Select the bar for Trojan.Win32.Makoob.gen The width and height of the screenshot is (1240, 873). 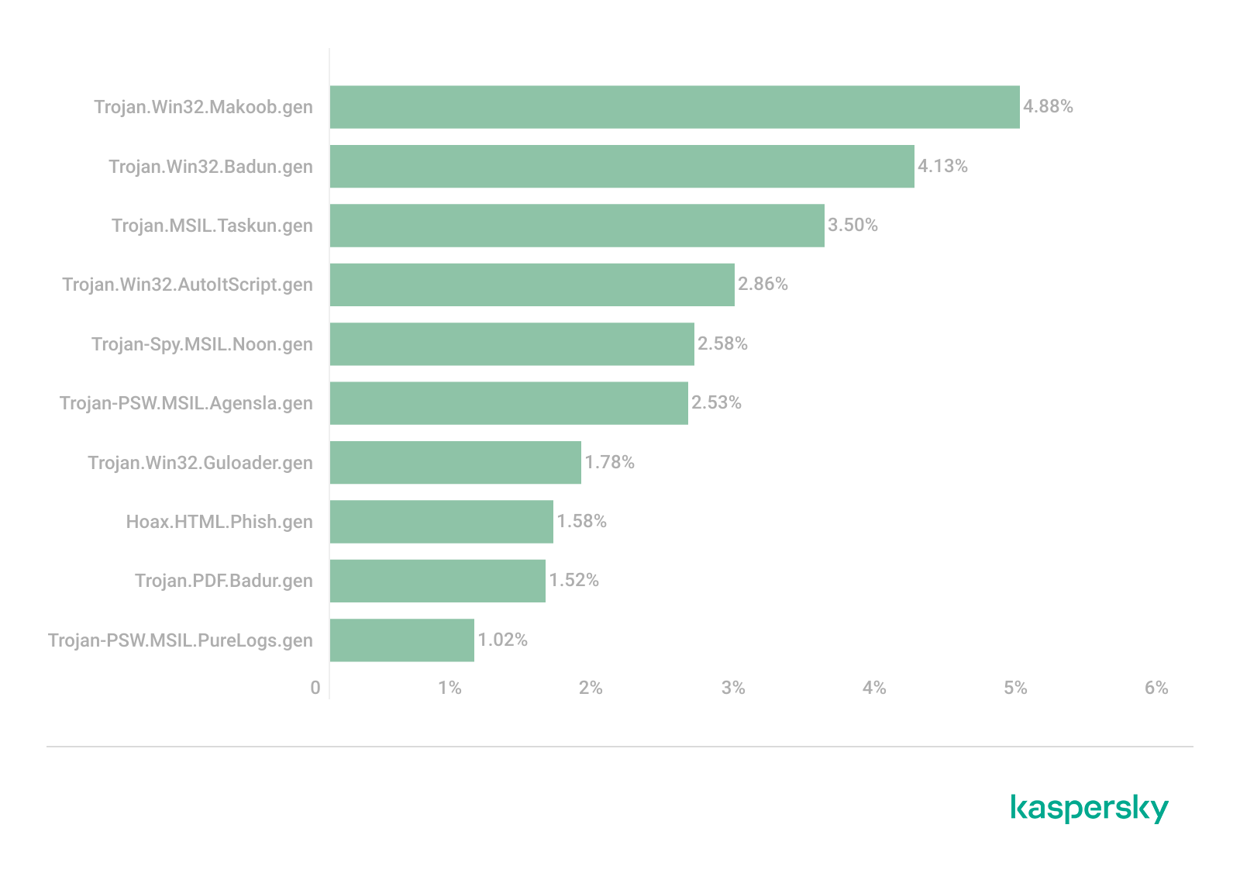click(674, 107)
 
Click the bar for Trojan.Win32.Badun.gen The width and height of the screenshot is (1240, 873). click(622, 167)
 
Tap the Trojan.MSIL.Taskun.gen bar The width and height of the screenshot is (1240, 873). click(577, 226)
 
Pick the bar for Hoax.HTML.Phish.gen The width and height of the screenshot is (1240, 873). click(441, 522)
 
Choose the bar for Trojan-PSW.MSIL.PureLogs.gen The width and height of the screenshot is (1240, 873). click(401, 640)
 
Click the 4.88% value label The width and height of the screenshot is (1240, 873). click(1048, 106)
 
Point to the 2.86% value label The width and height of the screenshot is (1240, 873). click(763, 285)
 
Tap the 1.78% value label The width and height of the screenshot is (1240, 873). click(609, 462)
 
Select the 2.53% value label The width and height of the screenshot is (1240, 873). click(716, 402)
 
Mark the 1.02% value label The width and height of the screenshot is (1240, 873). click(502, 640)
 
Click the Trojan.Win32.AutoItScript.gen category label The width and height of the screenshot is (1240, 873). click(188, 285)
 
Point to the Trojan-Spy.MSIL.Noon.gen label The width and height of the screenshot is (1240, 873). click(202, 344)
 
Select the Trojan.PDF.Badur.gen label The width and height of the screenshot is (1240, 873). click(224, 581)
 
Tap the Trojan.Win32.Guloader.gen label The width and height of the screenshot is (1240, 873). click(200, 463)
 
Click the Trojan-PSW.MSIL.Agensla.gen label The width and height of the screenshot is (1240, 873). click(186, 403)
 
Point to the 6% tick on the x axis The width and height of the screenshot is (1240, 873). click(1156, 688)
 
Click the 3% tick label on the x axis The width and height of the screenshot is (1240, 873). click(732, 688)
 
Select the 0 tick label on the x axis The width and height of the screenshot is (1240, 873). click(315, 688)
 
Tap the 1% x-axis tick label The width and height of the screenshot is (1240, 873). click(449, 688)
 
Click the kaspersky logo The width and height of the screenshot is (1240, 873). click(1090, 808)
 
